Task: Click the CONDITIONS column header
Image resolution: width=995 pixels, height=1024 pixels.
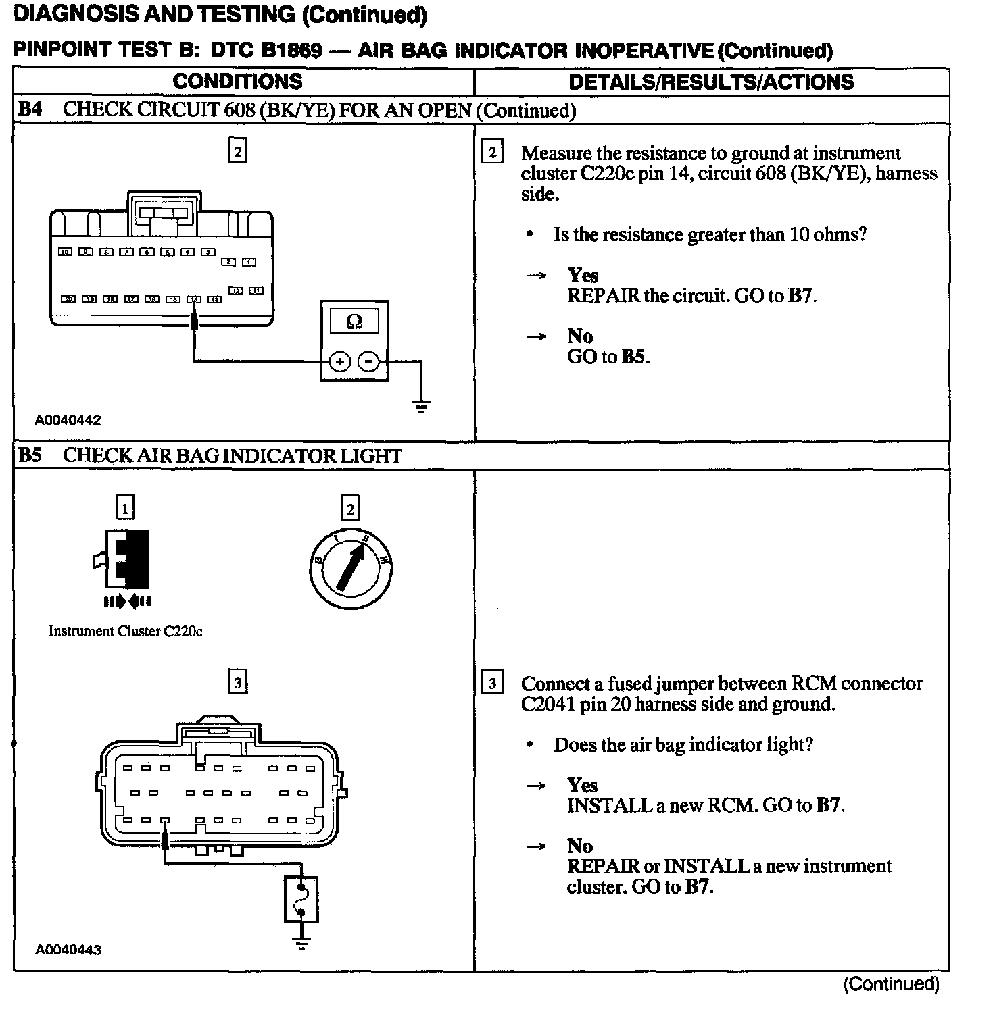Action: point(237,82)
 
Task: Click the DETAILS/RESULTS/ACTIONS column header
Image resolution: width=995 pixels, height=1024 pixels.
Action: point(711,82)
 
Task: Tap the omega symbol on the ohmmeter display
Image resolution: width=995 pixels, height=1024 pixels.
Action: point(354,322)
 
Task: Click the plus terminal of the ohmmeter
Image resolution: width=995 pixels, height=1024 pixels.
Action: point(339,362)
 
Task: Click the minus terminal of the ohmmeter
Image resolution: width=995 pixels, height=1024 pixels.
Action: point(368,362)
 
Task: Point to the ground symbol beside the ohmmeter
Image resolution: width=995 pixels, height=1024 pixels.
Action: point(421,406)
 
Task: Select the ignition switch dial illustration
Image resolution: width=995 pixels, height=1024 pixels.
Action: point(350,566)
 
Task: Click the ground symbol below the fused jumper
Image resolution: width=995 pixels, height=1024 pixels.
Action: point(301,943)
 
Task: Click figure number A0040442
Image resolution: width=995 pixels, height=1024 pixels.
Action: point(68,420)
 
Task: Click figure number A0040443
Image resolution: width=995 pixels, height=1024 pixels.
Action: point(68,950)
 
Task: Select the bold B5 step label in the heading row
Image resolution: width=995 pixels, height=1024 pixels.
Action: point(30,456)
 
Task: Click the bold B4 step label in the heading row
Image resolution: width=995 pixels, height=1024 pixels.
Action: point(30,110)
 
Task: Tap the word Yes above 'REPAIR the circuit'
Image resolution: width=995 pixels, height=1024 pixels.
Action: point(583,275)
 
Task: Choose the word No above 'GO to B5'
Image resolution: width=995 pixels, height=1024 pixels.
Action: point(579,336)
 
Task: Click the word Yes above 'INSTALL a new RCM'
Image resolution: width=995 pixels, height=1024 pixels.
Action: point(583,785)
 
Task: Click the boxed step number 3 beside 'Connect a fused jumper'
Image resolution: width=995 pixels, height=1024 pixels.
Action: point(492,684)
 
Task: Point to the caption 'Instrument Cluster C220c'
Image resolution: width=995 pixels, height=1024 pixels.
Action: point(126,631)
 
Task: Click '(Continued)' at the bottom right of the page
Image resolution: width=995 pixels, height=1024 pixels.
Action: point(891,984)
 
